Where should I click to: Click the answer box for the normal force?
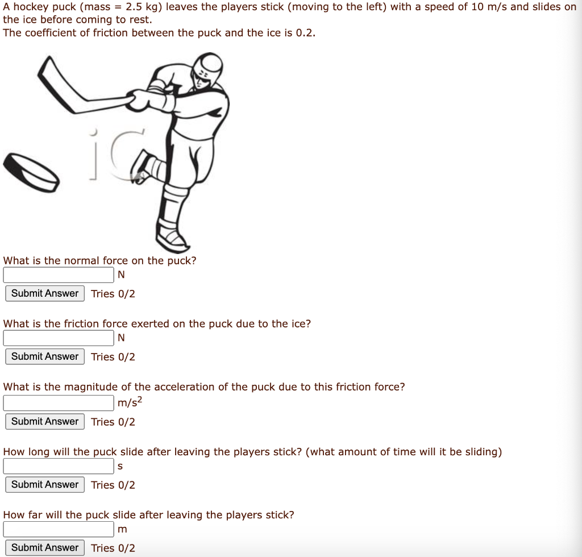point(59,275)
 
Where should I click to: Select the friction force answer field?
point(59,338)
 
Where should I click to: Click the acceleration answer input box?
point(59,403)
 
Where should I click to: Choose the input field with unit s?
point(59,466)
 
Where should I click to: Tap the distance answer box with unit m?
point(59,529)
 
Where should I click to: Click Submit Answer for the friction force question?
point(45,356)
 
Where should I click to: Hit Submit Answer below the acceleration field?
point(45,421)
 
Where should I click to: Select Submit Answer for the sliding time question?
point(45,484)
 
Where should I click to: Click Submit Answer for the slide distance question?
point(45,547)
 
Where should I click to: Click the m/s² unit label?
point(130,403)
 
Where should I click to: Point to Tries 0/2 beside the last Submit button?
point(113,548)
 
